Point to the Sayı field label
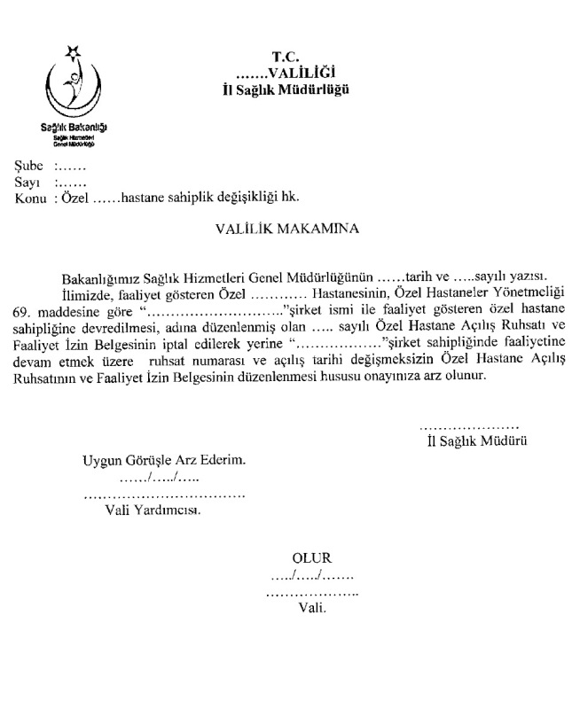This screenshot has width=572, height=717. click(27, 181)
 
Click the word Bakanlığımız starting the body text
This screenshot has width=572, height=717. click(99, 274)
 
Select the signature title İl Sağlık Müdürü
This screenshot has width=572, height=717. click(476, 440)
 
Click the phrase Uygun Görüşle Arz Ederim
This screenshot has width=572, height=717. click(163, 461)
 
